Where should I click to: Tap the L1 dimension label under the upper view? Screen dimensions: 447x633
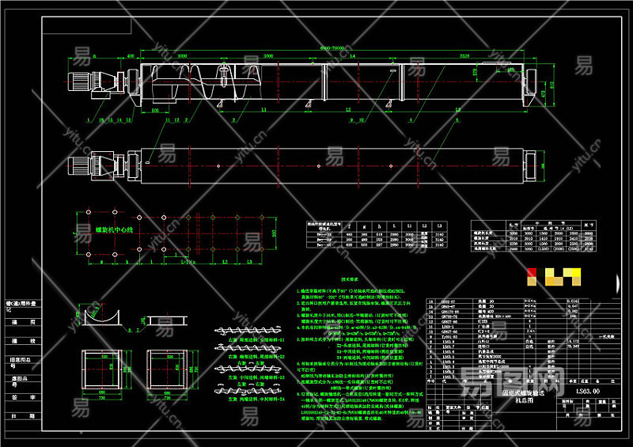click(263, 111)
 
